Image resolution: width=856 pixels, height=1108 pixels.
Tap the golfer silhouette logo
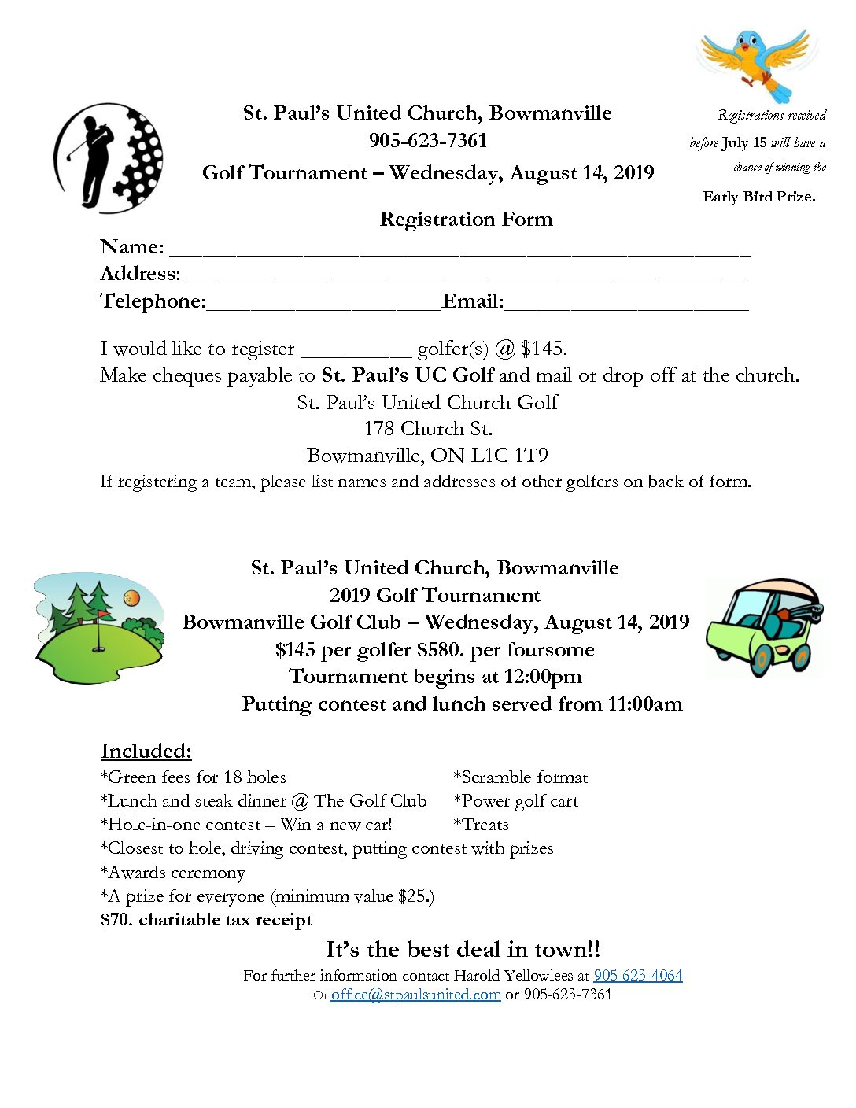(108, 157)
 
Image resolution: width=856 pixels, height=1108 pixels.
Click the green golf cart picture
(763, 627)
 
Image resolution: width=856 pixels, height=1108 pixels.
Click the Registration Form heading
(466, 220)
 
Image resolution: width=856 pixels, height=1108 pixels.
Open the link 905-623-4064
(638, 976)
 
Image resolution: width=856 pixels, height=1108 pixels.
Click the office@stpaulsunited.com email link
(415, 995)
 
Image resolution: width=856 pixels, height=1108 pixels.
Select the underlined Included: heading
(146, 751)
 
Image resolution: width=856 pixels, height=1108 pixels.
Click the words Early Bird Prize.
(758, 197)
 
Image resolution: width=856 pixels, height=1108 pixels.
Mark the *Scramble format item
(521, 777)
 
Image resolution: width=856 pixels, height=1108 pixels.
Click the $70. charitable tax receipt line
(206, 920)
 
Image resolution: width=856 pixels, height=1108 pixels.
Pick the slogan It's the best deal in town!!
(463, 949)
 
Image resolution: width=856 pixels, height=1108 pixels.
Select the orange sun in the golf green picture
(132, 598)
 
